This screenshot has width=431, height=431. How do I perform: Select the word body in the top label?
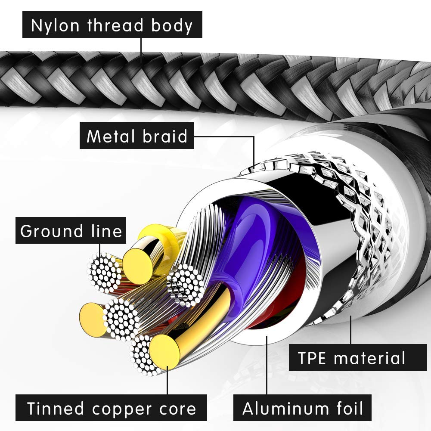[171, 26]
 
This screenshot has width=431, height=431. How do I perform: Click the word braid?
[165, 136]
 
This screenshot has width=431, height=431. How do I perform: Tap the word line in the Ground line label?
[106, 231]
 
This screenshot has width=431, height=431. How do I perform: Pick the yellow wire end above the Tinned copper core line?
[164, 351]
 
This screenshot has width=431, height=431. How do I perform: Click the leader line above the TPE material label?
[351, 329]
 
